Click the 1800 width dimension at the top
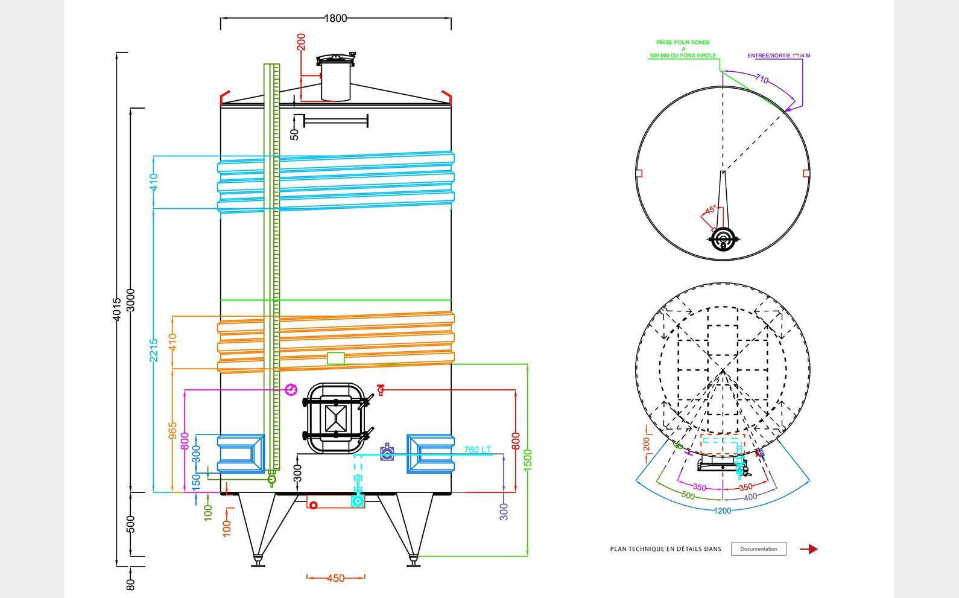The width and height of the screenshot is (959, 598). pyautogui.click(x=336, y=18)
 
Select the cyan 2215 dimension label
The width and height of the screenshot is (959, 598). pyautogui.click(x=154, y=350)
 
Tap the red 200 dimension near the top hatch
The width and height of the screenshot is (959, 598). pyautogui.click(x=302, y=42)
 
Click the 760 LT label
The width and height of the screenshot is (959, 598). pyautogui.click(x=478, y=450)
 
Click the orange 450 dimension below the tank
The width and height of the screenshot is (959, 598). pyautogui.click(x=335, y=578)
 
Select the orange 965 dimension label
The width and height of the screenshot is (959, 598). pyautogui.click(x=173, y=431)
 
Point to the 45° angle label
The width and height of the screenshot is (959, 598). pyautogui.click(x=711, y=209)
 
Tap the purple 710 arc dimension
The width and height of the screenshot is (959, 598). pyautogui.click(x=762, y=79)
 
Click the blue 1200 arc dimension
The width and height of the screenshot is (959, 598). pyautogui.click(x=723, y=511)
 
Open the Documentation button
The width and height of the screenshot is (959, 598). pyautogui.click(x=758, y=549)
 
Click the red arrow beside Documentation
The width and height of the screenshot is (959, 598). pyautogui.click(x=809, y=549)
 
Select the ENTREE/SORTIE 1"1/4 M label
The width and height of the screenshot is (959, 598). pyautogui.click(x=779, y=56)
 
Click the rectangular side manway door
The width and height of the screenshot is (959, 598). pyautogui.click(x=335, y=417)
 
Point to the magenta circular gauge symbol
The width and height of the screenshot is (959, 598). pyautogui.click(x=291, y=390)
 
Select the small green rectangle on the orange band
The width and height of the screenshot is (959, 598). pyautogui.click(x=335, y=358)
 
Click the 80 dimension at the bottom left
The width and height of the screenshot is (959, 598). pyautogui.click(x=131, y=584)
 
